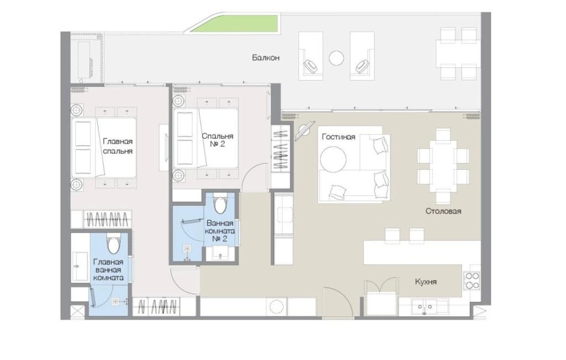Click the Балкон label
266,58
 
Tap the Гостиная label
339,137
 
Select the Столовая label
443,211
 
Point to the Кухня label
426,281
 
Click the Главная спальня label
118,146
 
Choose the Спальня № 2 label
217,140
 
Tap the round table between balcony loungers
337,58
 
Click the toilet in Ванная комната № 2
220,203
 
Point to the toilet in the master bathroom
113,243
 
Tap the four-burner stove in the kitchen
472,280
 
